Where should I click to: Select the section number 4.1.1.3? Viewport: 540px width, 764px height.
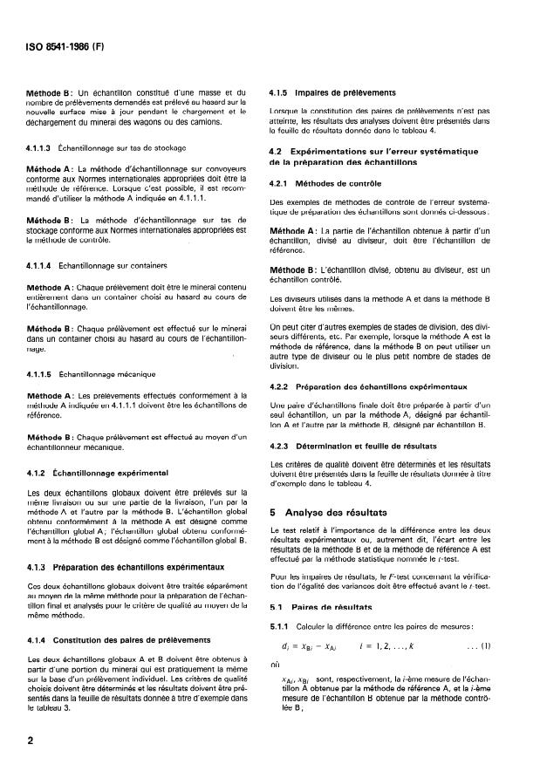point(44,149)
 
